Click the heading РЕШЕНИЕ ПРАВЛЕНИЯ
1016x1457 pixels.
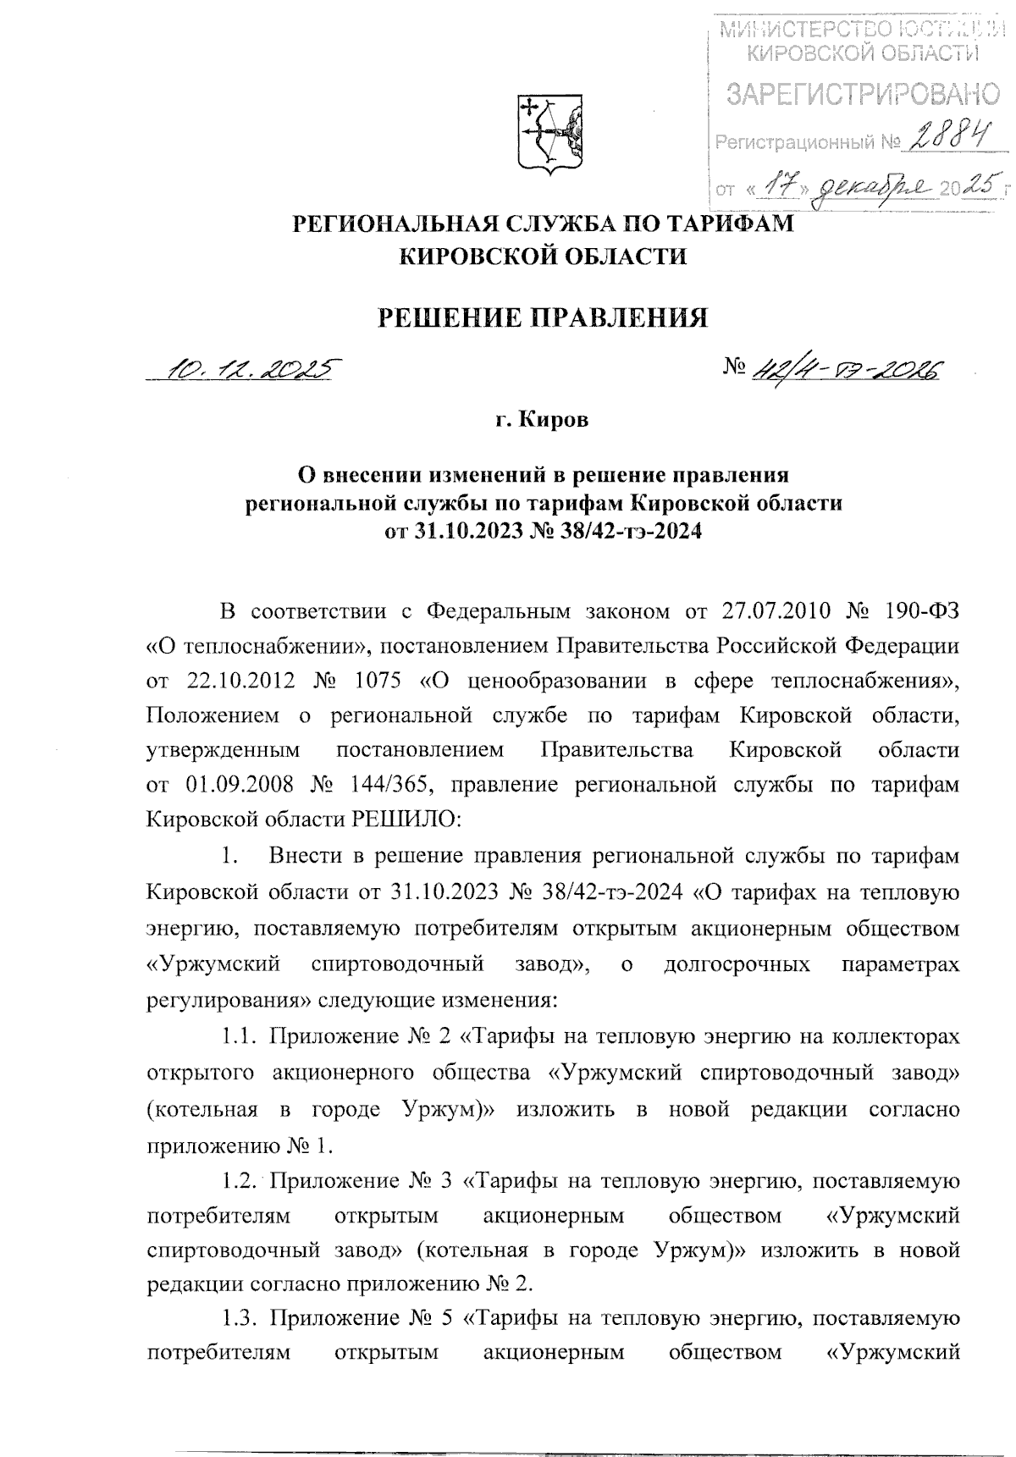[x=542, y=317]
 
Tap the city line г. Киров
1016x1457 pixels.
[x=542, y=421]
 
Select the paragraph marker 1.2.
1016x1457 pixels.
[x=240, y=1179]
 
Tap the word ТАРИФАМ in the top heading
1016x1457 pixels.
[x=725, y=224]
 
